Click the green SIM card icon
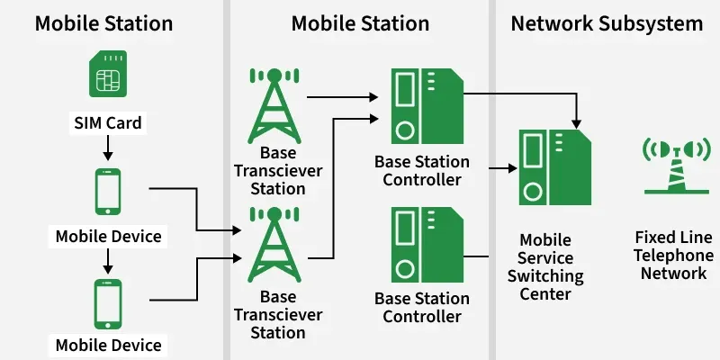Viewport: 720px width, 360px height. click(x=107, y=76)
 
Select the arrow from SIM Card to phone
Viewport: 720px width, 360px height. click(x=107, y=145)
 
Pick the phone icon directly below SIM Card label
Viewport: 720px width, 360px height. click(x=108, y=191)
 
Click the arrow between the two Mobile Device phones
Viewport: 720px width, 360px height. click(x=108, y=259)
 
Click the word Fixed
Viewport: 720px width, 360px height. click(x=654, y=238)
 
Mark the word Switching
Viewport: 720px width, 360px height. click(x=545, y=275)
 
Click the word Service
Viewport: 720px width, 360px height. click(x=545, y=257)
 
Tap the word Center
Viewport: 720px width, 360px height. click(x=545, y=293)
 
